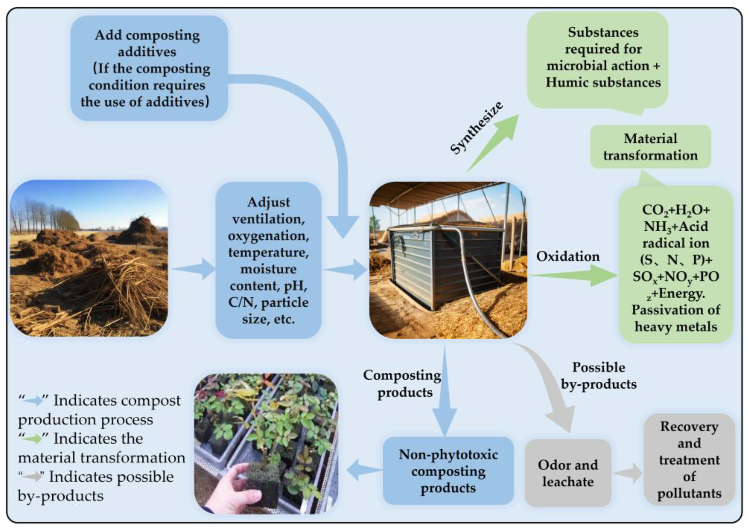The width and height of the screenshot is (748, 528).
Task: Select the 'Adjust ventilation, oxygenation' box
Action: (x=268, y=260)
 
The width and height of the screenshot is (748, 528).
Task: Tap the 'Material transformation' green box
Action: (x=650, y=147)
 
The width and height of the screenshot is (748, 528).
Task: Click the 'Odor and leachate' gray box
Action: (x=567, y=473)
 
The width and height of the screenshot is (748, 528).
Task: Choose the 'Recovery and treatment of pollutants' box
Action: (x=689, y=460)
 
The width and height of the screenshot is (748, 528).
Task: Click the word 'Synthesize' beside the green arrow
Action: (x=476, y=128)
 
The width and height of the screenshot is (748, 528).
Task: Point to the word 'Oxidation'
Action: (x=568, y=256)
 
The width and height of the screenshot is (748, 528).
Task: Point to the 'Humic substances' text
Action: (x=603, y=82)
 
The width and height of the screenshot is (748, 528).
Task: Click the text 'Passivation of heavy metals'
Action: (x=676, y=318)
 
